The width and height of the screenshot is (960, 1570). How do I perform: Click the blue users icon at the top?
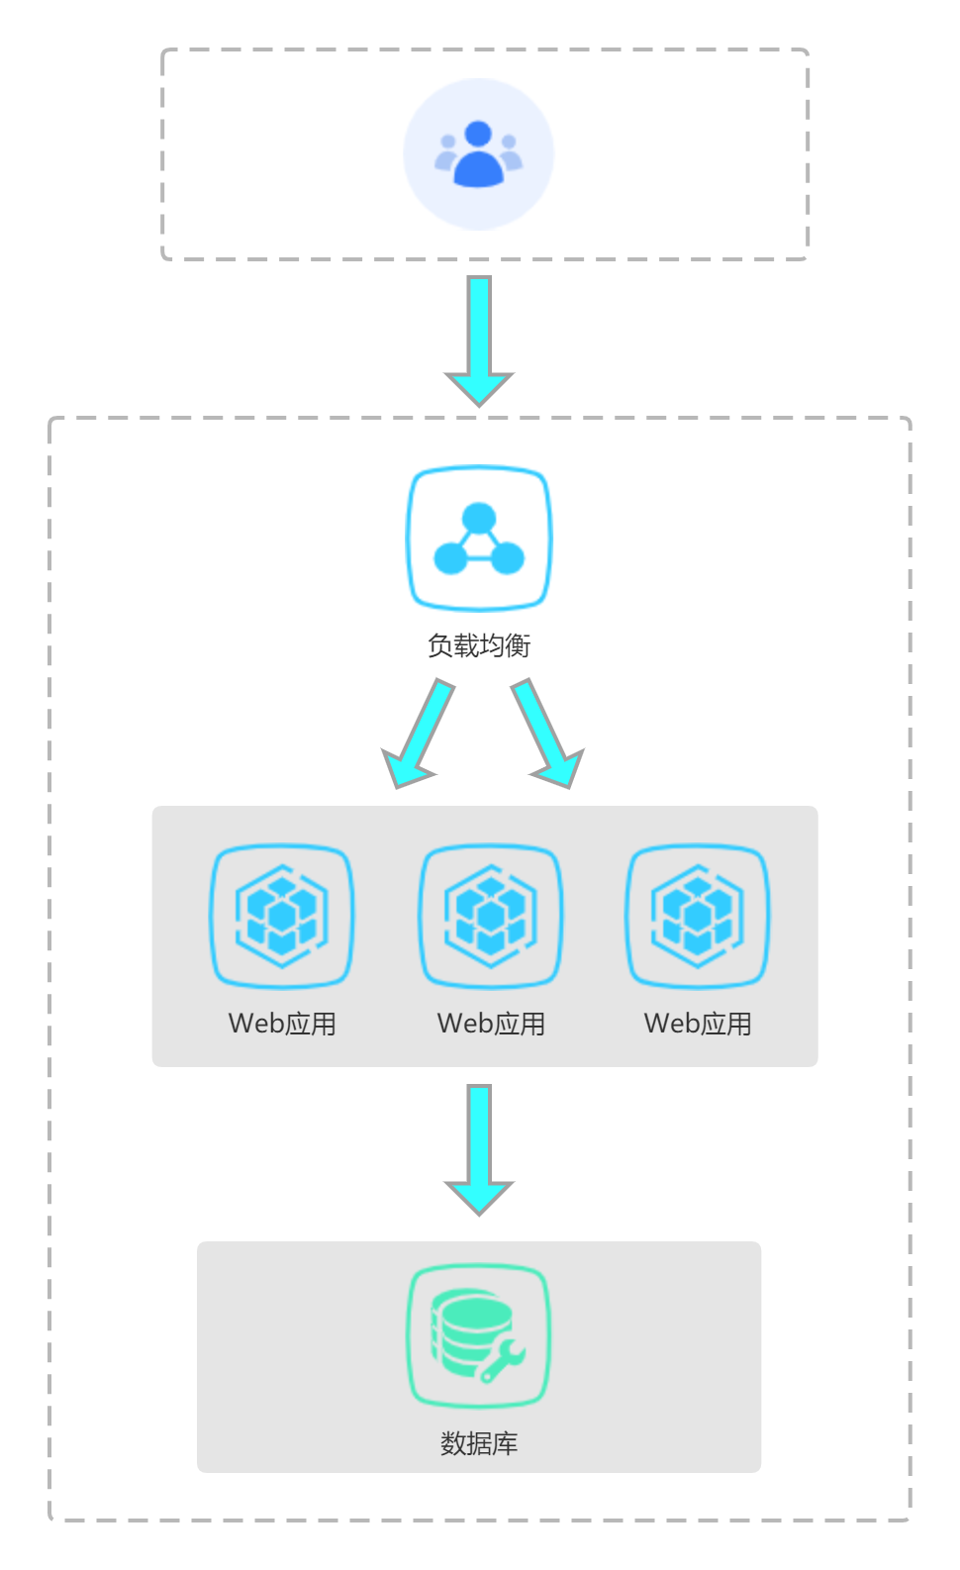pos(478,154)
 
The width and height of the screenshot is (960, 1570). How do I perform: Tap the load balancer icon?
pos(479,539)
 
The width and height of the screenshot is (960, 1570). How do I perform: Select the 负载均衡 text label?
pos(479,645)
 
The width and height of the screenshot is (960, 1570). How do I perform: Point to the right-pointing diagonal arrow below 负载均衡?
pos(545,734)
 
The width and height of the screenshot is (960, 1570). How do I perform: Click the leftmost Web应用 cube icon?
pos(282,916)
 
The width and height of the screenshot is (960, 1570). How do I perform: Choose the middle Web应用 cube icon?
pos(491,916)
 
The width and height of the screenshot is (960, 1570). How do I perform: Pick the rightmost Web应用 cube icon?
pos(698,916)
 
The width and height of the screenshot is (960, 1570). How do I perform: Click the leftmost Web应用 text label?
pos(282,1024)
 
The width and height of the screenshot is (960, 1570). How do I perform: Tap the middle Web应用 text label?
pos(491,1024)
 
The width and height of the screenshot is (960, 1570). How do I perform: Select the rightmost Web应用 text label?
pos(698,1024)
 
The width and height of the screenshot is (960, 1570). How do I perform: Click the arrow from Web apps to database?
pos(479,1148)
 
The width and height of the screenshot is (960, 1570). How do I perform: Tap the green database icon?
pos(478,1335)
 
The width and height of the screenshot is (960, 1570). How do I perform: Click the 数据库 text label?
pos(479,1443)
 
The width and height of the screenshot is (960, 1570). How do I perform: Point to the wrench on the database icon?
pos(503,1361)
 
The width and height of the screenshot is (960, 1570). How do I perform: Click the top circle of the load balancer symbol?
pos(479,518)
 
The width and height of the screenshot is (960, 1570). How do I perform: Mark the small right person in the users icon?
pos(510,152)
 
